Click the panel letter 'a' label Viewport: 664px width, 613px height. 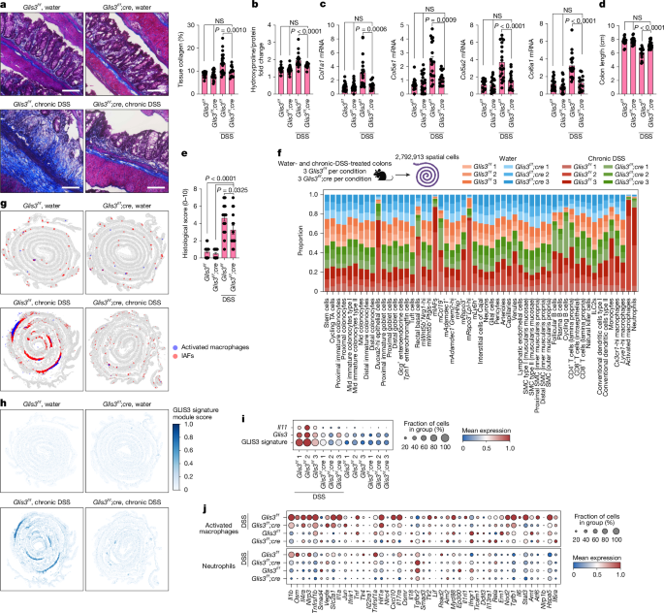pyautogui.click(x=5, y=6)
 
